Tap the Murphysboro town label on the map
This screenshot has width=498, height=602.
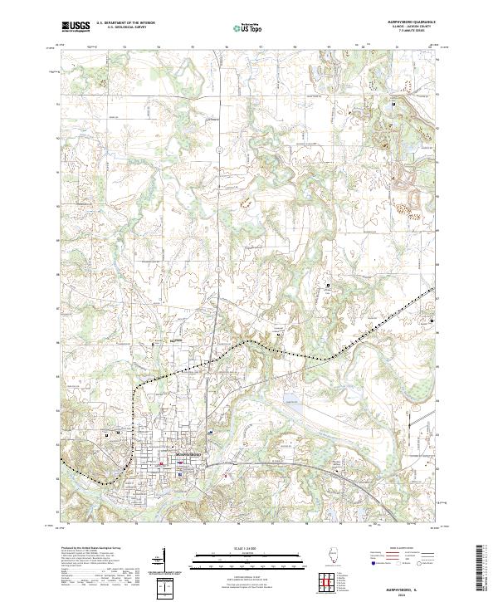coord(190,454)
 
